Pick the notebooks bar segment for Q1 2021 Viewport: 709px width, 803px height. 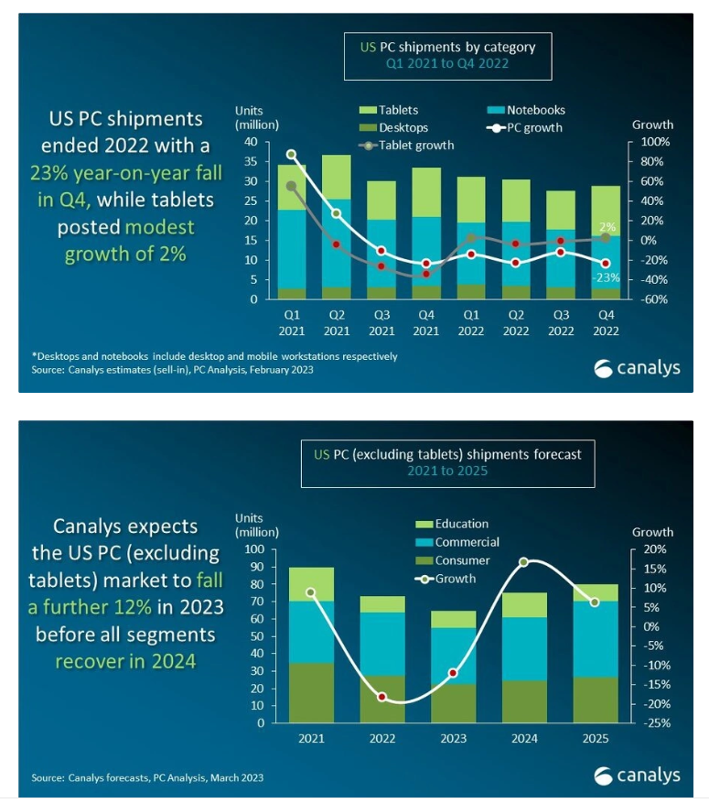tap(292, 249)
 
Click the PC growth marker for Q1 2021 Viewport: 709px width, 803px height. tap(292, 155)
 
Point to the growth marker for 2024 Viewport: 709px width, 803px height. tap(523, 562)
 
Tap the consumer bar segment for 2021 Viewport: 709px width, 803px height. tap(311, 692)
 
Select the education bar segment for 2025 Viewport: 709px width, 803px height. tap(596, 592)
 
